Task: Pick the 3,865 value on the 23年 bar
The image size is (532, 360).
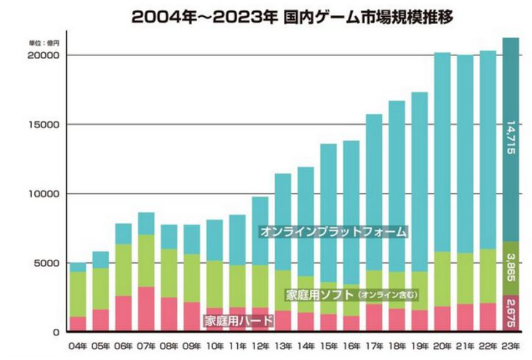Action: pyautogui.click(x=511, y=268)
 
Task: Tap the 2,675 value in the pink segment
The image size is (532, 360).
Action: pyautogui.click(x=511, y=313)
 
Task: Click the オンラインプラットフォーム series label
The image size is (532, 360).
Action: pyautogui.click(x=334, y=232)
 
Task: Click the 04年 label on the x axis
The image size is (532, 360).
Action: pyautogui.click(x=78, y=346)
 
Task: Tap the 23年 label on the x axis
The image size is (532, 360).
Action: pyautogui.click(x=511, y=346)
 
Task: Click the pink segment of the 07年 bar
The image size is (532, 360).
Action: pyautogui.click(x=146, y=309)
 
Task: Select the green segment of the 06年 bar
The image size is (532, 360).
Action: pyautogui.click(x=123, y=270)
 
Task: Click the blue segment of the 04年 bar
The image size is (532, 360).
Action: pyautogui.click(x=78, y=267)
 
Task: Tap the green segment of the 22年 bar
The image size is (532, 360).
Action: pyautogui.click(x=488, y=276)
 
